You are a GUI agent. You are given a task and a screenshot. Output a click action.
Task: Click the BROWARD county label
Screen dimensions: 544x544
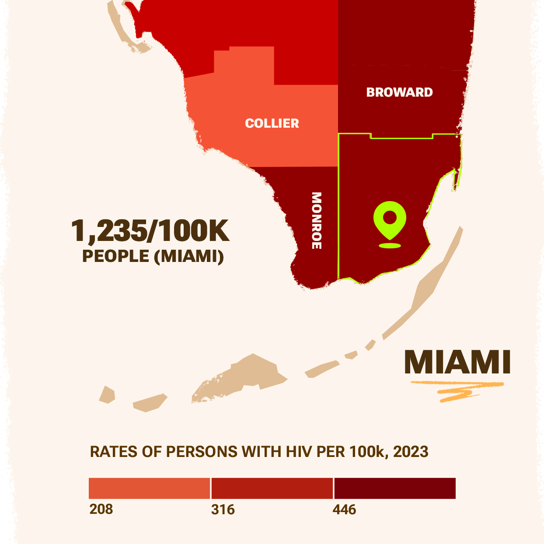pyautogui.click(x=399, y=92)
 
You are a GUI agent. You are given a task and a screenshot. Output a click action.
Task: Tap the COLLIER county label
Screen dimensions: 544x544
pyautogui.click(x=272, y=123)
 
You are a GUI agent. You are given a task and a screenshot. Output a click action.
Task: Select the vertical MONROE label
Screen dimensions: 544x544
pyautogui.click(x=317, y=220)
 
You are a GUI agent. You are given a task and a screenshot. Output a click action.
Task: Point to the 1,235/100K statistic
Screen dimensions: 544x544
pyautogui.click(x=150, y=230)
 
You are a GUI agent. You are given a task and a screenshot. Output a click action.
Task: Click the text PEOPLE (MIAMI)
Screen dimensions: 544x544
pyautogui.click(x=153, y=256)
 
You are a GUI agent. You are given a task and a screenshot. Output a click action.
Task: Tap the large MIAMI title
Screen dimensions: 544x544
pyautogui.click(x=457, y=362)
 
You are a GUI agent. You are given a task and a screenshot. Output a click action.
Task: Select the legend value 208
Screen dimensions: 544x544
pyautogui.click(x=101, y=509)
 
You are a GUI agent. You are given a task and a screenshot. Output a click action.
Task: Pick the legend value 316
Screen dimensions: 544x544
pyautogui.click(x=223, y=509)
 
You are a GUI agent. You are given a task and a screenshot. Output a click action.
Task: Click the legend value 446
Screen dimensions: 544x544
pyautogui.click(x=344, y=509)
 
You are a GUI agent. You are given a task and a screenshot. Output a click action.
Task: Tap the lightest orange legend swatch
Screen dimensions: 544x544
pyautogui.click(x=149, y=488)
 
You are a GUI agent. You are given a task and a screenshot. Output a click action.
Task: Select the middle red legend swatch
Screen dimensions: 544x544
pyautogui.click(x=272, y=488)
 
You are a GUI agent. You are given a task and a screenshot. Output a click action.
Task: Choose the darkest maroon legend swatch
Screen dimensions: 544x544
pyautogui.click(x=395, y=488)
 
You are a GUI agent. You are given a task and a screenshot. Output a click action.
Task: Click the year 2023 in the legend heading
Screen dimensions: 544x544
pyautogui.click(x=411, y=452)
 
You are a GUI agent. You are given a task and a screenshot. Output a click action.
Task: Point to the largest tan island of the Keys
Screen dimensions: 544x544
pyautogui.click(x=245, y=376)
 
